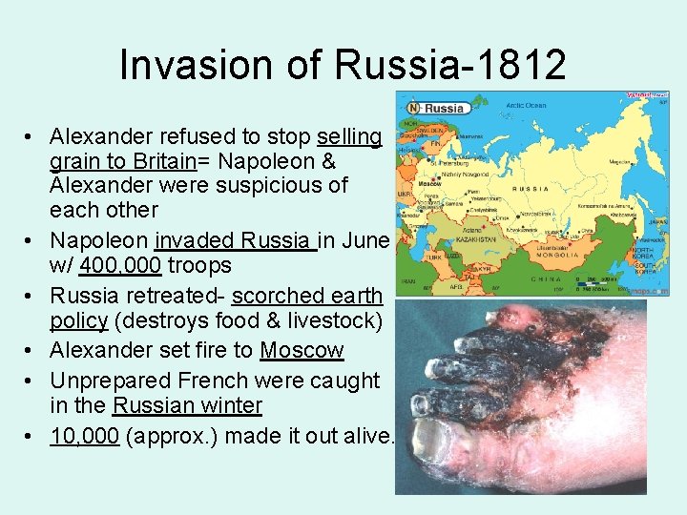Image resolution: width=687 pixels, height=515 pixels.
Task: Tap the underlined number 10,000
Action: point(84,437)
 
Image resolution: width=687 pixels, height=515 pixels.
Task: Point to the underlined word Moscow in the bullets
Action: point(302,350)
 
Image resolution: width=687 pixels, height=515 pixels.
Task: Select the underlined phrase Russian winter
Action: point(187,405)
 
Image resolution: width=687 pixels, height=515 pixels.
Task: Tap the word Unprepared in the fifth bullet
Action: point(107,381)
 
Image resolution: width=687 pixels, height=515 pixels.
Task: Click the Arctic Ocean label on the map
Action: point(526,106)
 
